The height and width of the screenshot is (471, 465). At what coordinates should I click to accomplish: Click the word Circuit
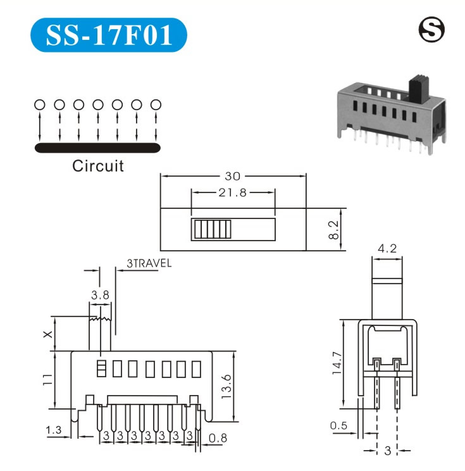(98, 166)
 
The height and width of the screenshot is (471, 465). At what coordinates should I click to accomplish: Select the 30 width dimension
(233, 177)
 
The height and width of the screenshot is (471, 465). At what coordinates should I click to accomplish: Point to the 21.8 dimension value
(233, 193)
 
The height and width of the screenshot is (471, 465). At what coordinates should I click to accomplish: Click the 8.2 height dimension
(335, 230)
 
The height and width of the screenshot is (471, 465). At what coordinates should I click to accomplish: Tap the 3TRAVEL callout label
(149, 265)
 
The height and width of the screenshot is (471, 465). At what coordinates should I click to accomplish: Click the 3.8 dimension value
(99, 294)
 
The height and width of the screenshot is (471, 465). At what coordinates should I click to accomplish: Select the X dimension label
(48, 334)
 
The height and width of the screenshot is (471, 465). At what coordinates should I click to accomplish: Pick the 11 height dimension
(47, 380)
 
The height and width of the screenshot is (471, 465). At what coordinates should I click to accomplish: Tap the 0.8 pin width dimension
(218, 436)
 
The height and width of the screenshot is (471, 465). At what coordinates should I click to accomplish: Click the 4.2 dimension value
(387, 249)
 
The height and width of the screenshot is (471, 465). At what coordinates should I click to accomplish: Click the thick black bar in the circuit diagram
(98, 148)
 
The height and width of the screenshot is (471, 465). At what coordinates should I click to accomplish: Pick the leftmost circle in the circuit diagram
(39, 104)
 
